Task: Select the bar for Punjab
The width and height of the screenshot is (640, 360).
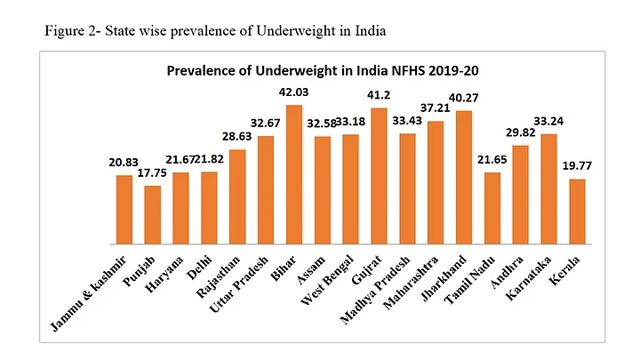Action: pyautogui.click(x=153, y=214)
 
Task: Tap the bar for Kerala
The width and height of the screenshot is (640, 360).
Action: pyautogui.click(x=577, y=211)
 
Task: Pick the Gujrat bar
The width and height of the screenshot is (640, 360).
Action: pyautogui.click(x=380, y=176)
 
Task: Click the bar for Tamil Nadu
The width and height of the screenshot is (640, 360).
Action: pyautogui.click(x=492, y=208)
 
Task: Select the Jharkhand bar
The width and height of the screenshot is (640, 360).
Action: pyautogui.click(x=464, y=177)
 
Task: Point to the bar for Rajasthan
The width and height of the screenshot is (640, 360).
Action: pyautogui.click(x=237, y=196)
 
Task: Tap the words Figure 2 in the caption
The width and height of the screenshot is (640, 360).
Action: pyautogui.click(x=68, y=31)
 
